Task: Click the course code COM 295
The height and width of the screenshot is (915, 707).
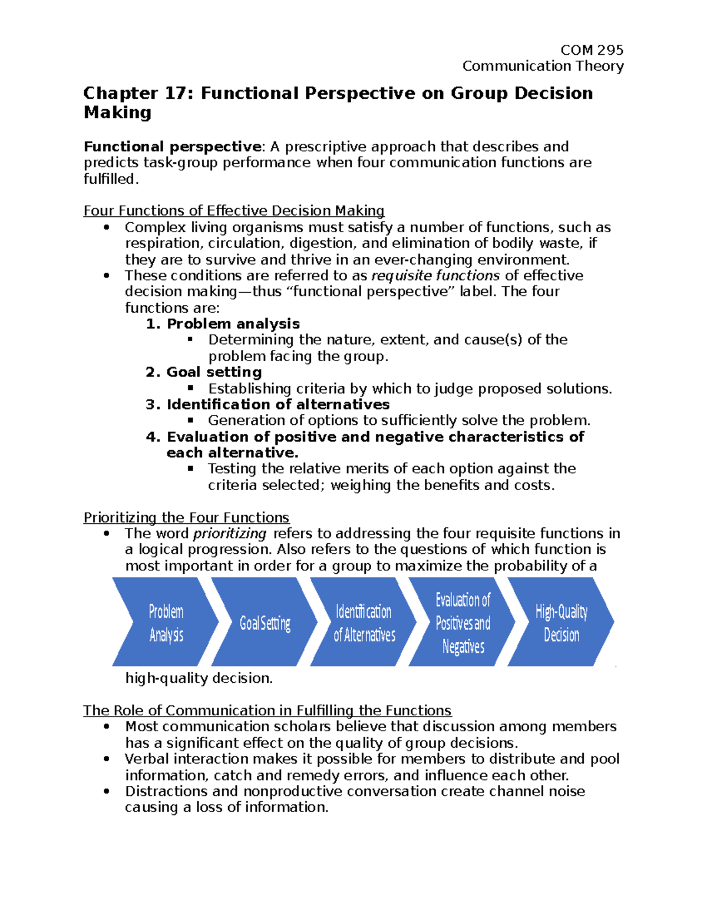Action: pyautogui.click(x=592, y=50)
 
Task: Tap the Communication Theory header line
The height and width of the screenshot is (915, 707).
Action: pyautogui.click(x=543, y=66)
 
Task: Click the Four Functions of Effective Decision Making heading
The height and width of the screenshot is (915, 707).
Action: pyautogui.click(x=234, y=211)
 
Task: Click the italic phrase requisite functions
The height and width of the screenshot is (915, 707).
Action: pyautogui.click(x=435, y=276)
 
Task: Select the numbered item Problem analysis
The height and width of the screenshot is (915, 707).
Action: pyautogui.click(x=233, y=323)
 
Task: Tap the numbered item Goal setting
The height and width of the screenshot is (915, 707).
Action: pyautogui.click(x=214, y=372)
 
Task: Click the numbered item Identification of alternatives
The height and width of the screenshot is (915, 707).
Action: pyautogui.click(x=278, y=405)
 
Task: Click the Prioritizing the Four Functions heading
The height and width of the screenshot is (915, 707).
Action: pyautogui.click(x=186, y=518)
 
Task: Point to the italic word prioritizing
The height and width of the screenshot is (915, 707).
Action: pyautogui.click(x=230, y=534)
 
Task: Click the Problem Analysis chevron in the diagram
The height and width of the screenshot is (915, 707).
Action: pyautogui.click(x=166, y=623)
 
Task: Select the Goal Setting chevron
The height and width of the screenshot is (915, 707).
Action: pyautogui.click(x=265, y=623)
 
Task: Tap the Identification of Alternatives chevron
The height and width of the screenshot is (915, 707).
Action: pyautogui.click(x=364, y=623)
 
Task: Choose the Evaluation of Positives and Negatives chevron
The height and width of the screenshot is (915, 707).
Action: pyautogui.click(x=462, y=623)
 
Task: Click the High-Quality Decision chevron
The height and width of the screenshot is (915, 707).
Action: pyautogui.click(x=561, y=623)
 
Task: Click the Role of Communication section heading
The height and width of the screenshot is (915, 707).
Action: pyautogui.click(x=267, y=711)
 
